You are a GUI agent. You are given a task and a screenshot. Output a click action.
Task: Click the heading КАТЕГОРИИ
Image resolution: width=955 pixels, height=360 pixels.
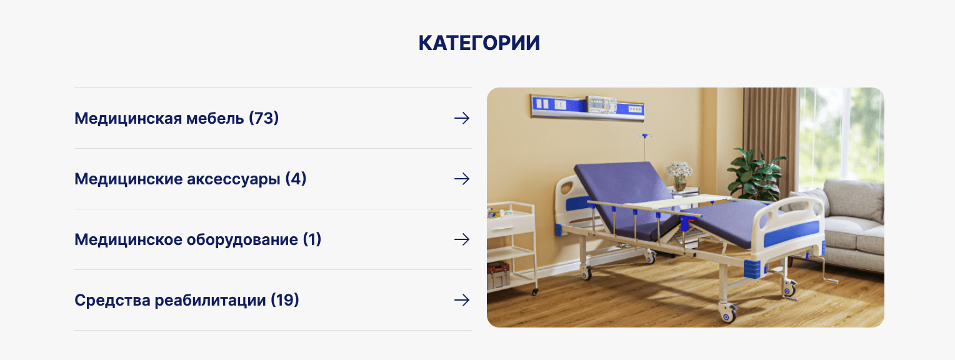(479, 43)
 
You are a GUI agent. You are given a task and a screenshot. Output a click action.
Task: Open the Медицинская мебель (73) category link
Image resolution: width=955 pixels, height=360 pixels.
(176, 118)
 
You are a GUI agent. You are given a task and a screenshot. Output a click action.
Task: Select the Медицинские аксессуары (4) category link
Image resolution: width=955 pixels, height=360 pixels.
(190, 179)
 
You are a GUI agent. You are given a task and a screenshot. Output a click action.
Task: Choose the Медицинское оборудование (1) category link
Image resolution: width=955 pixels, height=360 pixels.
(198, 239)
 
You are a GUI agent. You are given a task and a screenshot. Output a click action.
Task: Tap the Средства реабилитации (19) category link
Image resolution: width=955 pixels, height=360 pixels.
(187, 300)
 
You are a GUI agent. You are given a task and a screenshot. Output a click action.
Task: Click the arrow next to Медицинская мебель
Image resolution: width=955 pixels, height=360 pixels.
(462, 118)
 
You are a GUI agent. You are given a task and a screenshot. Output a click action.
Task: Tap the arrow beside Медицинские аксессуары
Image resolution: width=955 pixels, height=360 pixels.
(462, 179)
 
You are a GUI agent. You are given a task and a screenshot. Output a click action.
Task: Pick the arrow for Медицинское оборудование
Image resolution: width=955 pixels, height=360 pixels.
(462, 239)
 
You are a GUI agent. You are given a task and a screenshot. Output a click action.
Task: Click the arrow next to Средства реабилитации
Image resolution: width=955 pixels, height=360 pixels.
(462, 300)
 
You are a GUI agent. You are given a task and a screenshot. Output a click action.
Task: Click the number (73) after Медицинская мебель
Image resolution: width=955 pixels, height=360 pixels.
(264, 118)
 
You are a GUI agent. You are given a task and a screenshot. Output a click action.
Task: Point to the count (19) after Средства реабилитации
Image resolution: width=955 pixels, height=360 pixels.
(285, 300)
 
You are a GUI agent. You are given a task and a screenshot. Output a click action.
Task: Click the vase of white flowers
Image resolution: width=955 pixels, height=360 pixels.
(679, 176)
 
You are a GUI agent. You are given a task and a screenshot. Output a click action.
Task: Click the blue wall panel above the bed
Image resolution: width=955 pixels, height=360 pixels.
(587, 107)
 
